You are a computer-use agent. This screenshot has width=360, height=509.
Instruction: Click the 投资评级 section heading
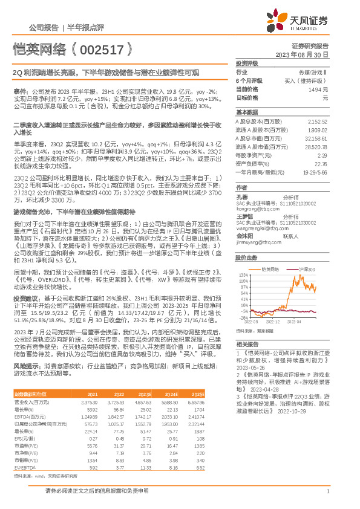tap(246, 62)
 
